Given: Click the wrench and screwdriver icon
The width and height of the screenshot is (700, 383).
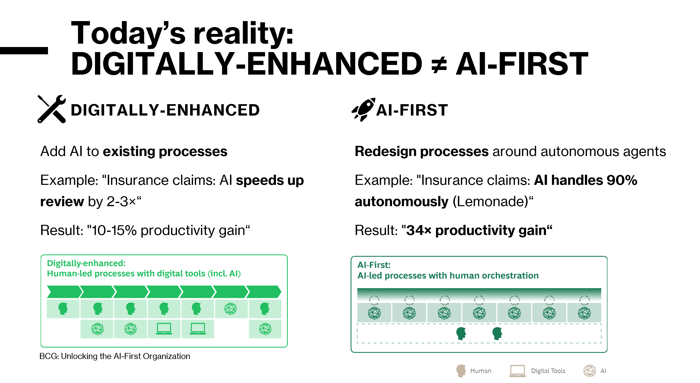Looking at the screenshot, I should (52, 109).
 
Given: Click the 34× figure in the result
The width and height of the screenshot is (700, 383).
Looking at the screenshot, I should (418, 231).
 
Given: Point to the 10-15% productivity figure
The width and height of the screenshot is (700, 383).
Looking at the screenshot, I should (114, 231).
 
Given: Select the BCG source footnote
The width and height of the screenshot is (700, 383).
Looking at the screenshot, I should (115, 356).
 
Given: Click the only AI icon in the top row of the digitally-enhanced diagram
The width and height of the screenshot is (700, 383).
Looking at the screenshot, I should (231, 309).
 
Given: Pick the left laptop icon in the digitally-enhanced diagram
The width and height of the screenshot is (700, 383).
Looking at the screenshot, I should (164, 329).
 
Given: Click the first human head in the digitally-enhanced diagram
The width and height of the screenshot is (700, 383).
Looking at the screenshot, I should (63, 309).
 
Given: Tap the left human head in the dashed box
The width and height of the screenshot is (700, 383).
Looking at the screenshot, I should (461, 334).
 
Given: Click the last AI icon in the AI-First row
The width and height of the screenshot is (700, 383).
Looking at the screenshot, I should (584, 313).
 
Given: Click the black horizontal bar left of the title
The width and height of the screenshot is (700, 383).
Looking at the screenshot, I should (24, 51).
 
